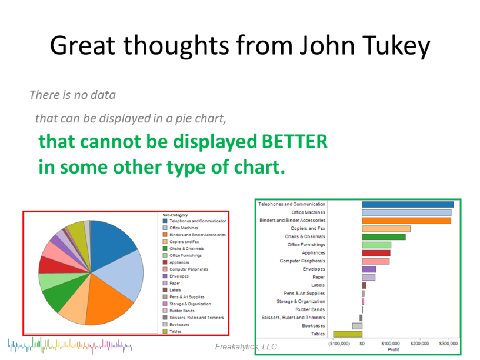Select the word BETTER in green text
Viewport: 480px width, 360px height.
(295, 141)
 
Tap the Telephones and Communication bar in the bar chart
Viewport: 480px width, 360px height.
(408, 205)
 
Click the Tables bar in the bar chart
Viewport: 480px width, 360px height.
(348, 334)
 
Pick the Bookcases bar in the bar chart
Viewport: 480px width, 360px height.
(357, 326)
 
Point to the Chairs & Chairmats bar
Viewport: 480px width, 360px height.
(384, 237)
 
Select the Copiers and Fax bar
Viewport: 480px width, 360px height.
(386, 229)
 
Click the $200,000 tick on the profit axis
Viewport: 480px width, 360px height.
(419, 344)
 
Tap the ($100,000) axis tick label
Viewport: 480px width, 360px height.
(339, 344)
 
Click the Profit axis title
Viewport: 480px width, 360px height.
(394, 349)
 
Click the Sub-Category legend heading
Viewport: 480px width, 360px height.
(175, 215)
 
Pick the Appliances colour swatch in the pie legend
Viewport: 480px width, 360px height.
(165, 262)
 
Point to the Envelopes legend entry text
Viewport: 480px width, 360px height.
(179, 276)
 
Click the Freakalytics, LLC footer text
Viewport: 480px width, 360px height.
(246, 346)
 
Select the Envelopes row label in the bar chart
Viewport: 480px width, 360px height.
(314, 269)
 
